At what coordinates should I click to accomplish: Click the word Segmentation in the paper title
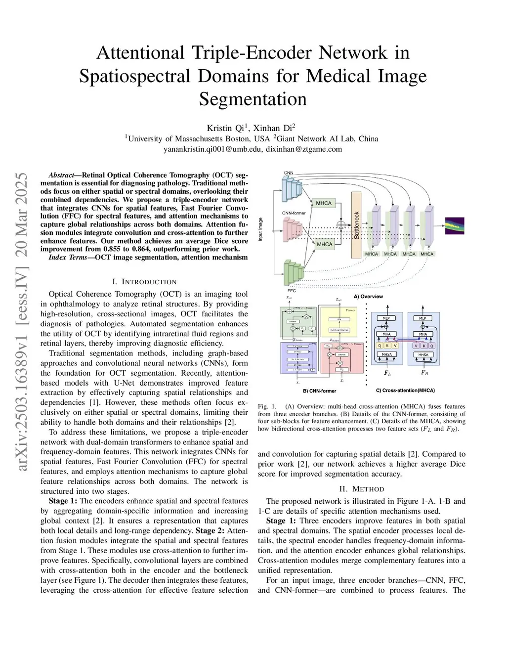(x=253, y=99)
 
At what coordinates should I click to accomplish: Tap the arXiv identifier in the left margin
(x=23, y=321)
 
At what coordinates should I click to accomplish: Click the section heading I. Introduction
(x=144, y=282)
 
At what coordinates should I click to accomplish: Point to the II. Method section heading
(x=361, y=489)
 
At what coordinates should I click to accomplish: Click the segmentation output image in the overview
(x=455, y=225)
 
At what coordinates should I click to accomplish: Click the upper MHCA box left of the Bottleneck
(x=324, y=203)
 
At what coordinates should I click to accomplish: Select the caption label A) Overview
(x=368, y=297)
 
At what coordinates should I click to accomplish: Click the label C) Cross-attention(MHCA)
(x=405, y=391)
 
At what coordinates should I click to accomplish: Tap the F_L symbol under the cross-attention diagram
(x=387, y=373)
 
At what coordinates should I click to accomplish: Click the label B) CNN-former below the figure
(x=319, y=391)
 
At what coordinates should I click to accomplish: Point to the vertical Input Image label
(x=261, y=229)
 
